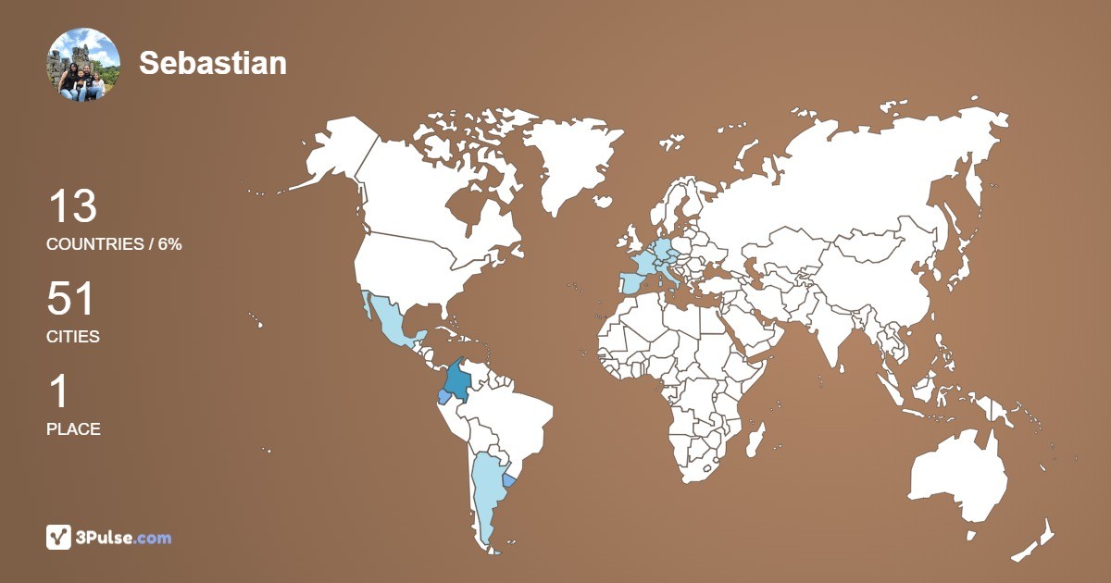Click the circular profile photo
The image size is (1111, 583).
click(x=83, y=64)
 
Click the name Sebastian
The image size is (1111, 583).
click(x=213, y=63)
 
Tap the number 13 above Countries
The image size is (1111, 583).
click(x=72, y=206)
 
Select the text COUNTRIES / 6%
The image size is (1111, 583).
click(x=114, y=244)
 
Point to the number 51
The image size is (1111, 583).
click(x=70, y=300)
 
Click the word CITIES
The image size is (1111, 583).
click(x=73, y=337)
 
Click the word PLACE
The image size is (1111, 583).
click(x=73, y=429)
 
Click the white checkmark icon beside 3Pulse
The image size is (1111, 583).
click(x=58, y=537)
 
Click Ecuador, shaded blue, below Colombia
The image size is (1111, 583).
click(x=444, y=397)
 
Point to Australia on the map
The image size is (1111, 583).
click(x=958, y=477)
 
